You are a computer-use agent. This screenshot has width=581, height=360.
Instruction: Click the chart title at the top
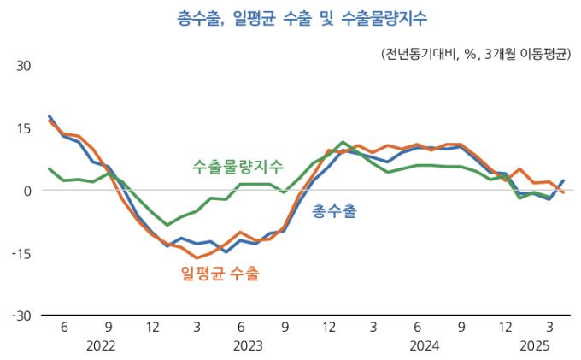pos(291,18)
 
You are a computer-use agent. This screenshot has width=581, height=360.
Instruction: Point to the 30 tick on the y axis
pos(24,65)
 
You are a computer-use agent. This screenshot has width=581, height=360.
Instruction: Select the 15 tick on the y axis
pos(24,128)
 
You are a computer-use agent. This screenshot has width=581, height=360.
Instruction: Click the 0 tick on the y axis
pos(27,191)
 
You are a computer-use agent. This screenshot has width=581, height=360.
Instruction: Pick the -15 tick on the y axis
pos(21,254)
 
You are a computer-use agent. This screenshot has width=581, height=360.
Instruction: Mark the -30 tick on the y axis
pos(21,316)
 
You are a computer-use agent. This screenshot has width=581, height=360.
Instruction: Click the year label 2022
pos(101,346)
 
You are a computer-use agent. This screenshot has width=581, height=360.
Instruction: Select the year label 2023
pos(248,346)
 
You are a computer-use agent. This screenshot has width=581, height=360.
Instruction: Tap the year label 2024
pos(424,346)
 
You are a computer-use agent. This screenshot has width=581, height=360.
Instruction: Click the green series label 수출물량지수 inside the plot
pos(238,166)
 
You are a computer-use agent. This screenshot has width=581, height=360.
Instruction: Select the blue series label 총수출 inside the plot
pos(335,210)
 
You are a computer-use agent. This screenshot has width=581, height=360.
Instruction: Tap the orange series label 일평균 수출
pos(220,274)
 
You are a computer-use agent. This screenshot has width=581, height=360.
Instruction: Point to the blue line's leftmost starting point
pos(50,116)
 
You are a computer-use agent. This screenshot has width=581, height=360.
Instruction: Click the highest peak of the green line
pos(343,142)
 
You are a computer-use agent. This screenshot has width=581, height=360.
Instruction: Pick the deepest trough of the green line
pos(167,224)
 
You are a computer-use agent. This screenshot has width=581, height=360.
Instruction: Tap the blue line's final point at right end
pos(563,180)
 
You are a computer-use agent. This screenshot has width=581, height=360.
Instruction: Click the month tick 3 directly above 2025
pos(549,327)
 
